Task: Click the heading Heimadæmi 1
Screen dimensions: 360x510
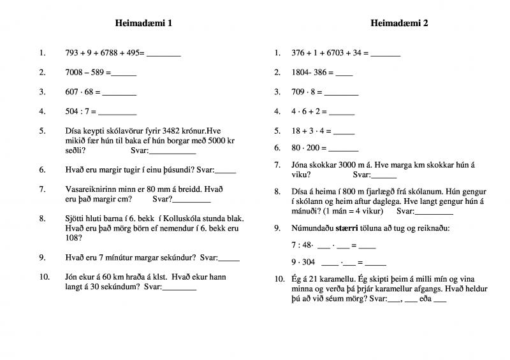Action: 143,24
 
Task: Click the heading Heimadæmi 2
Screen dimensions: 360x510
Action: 399,24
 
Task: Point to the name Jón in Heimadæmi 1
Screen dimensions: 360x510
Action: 71,277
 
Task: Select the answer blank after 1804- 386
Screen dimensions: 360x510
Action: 344,73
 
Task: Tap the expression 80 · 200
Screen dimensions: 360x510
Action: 309,148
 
